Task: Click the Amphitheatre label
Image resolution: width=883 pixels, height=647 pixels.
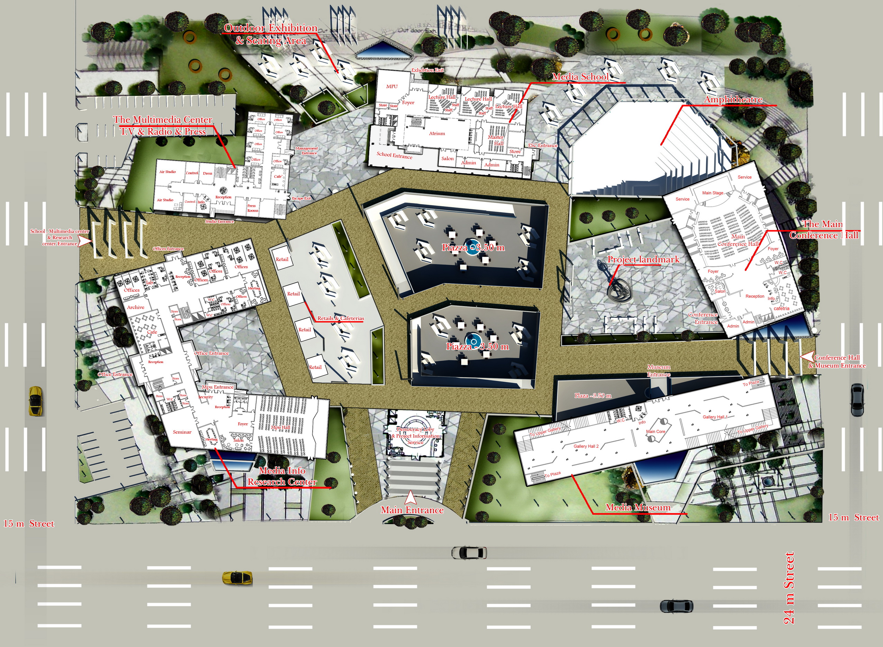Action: pyautogui.click(x=733, y=100)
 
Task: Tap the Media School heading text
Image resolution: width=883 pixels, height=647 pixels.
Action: pyautogui.click(x=580, y=77)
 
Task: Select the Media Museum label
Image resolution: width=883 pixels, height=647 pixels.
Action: pyautogui.click(x=638, y=508)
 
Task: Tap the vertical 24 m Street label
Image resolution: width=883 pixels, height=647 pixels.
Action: pyautogui.click(x=789, y=588)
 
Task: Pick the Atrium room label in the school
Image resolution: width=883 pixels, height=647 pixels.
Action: pyautogui.click(x=436, y=133)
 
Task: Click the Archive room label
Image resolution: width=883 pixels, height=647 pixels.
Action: pyautogui.click(x=136, y=307)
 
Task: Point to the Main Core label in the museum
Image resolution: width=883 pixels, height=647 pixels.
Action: pyautogui.click(x=655, y=432)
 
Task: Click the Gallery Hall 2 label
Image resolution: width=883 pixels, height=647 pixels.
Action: pyautogui.click(x=586, y=446)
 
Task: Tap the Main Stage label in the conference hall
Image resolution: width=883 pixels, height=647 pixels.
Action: pyautogui.click(x=712, y=193)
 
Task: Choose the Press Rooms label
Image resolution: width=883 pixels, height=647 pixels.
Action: pyautogui.click(x=252, y=208)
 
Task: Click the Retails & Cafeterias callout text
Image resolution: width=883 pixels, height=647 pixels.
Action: pyautogui.click(x=340, y=318)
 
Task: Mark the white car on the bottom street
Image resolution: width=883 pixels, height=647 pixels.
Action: pyautogui.click(x=469, y=553)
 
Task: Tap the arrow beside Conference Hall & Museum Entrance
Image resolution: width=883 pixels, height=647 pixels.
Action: pyautogui.click(x=806, y=357)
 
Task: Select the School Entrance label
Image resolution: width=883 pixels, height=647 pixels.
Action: pyautogui.click(x=394, y=156)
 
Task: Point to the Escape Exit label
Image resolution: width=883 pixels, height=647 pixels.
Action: pyautogui.click(x=301, y=198)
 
